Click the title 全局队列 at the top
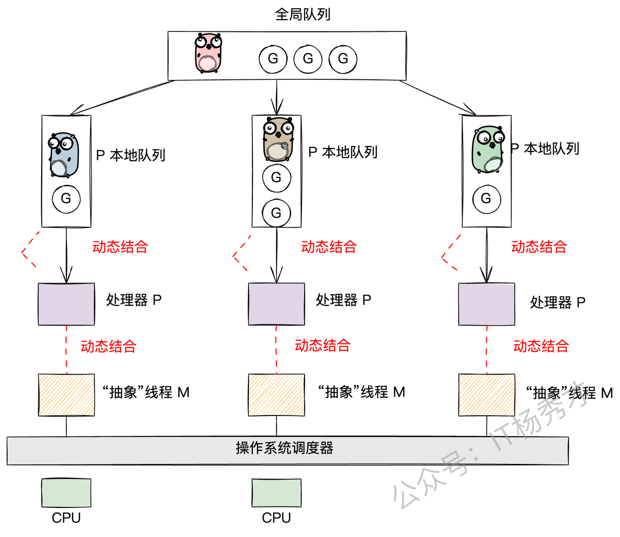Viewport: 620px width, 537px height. click(x=303, y=15)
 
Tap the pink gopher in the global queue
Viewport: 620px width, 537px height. click(x=208, y=53)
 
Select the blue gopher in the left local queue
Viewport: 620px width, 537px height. click(x=63, y=155)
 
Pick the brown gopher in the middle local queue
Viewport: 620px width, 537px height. click(x=278, y=139)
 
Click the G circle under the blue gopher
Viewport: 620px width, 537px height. click(x=66, y=198)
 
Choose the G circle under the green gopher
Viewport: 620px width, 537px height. click(x=486, y=198)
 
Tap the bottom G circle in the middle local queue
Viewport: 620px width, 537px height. click(x=276, y=213)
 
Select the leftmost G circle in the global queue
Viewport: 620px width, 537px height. click(x=273, y=59)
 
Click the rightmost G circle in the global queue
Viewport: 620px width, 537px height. click(x=343, y=59)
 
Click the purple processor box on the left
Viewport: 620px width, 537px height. click(x=66, y=304)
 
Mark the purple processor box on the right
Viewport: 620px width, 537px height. click(x=486, y=304)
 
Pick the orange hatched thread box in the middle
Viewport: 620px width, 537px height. click(x=277, y=395)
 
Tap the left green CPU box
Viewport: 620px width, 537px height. click(x=66, y=493)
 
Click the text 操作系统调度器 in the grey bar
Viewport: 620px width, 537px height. click(x=284, y=448)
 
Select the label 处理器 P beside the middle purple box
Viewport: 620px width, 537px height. click(x=343, y=300)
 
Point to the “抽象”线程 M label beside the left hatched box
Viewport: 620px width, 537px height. click(x=146, y=392)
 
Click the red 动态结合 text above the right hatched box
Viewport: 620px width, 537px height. click(x=541, y=346)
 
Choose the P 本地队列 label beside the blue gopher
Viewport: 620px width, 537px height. click(x=131, y=155)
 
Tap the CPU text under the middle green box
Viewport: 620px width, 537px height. click(x=277, y=518)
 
